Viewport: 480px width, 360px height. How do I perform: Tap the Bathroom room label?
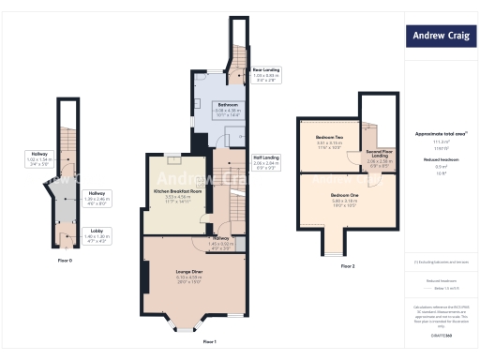[x=230, y=107]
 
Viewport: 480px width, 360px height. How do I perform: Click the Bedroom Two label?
[x=329, y=142]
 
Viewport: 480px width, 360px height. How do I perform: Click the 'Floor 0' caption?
[x=65, y=259]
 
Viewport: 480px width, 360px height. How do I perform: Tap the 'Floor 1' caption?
[x=209, y=342]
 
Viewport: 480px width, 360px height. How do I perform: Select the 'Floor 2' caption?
[x=348, y=267]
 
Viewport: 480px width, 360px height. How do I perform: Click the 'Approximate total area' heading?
[x=440, y=134]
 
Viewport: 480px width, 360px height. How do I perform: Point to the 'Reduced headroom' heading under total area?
[x=440, y=161]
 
